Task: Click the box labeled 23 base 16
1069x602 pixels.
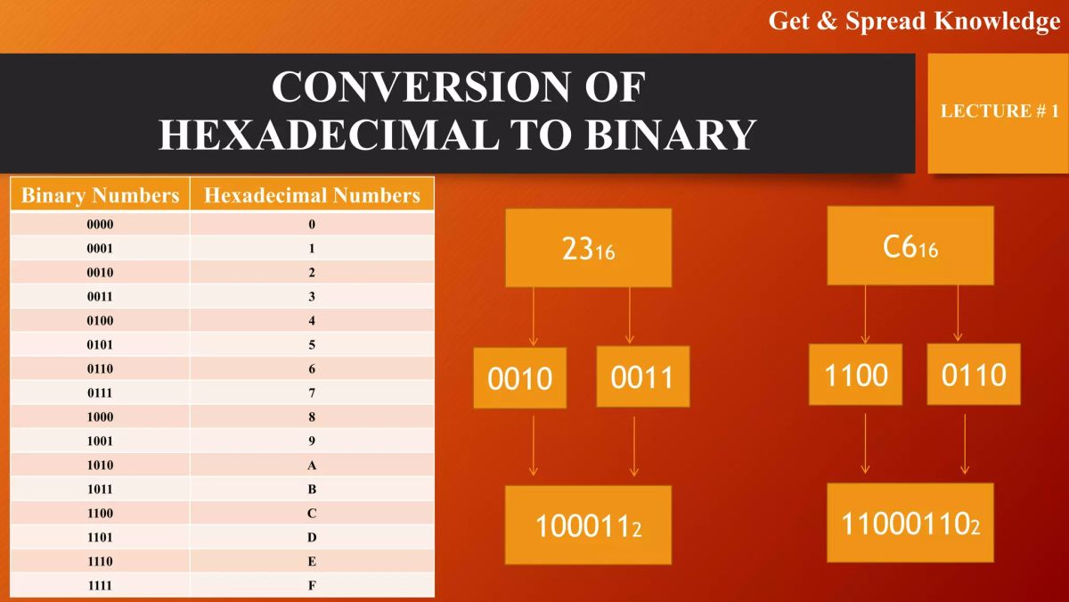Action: tap(588, 248)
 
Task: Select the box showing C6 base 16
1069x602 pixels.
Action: tap(910, 246)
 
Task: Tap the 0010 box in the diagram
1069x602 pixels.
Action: tap(519, 378)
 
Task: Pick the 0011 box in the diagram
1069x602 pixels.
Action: tap(642, 376)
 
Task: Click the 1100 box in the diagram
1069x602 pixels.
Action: tap(855, 375)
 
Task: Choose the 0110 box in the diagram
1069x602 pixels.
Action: tap(973, 375)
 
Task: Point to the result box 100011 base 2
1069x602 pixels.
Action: tap(588, 525)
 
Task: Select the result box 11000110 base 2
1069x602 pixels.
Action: tap(910, 523)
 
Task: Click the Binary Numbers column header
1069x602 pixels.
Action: tap(100, 195)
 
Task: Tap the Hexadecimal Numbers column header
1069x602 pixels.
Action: tap(312, 195)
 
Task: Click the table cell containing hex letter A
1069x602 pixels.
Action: tap(312, 466)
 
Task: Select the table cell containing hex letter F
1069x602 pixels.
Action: tap(312, 586)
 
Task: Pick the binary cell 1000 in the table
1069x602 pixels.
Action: tap(100, 417)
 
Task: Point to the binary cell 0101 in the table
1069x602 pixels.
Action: tap(100, 345)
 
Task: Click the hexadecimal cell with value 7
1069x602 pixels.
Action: tap(312, 393)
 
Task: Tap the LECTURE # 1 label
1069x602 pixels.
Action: tap(999, 111)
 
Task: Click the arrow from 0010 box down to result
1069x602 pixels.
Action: tap(533, 446)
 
